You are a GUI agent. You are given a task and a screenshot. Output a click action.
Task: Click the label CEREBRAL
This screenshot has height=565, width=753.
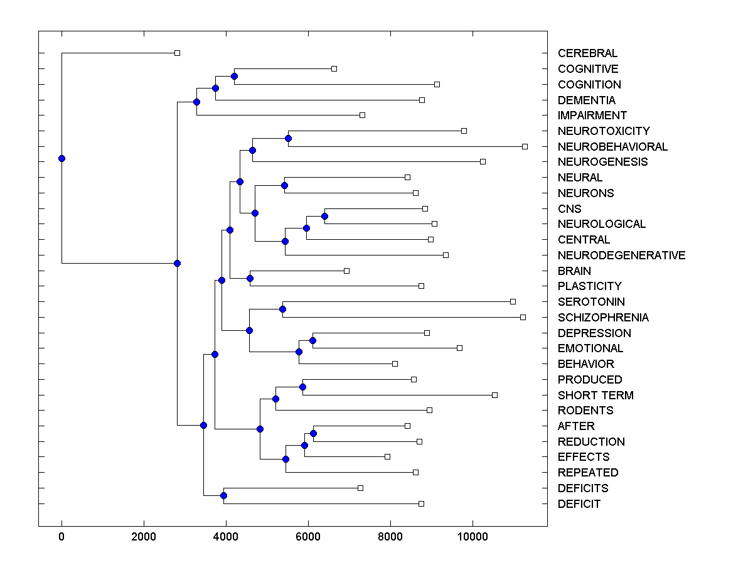587,53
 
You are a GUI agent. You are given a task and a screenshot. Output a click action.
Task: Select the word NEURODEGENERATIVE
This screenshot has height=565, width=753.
621,256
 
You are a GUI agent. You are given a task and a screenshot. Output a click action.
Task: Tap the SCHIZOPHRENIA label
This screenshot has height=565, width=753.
603,318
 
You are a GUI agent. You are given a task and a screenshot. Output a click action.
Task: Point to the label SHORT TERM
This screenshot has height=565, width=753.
595,395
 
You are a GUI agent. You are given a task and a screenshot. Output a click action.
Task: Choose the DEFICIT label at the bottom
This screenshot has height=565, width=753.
579,504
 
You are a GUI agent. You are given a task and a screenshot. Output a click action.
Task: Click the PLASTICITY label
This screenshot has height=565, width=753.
589,286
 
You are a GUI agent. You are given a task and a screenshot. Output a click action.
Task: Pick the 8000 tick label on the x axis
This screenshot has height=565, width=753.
390,536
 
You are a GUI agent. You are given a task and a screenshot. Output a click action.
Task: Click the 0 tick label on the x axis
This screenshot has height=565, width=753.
61,536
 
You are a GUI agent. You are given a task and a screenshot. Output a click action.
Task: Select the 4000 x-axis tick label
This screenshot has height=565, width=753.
226,536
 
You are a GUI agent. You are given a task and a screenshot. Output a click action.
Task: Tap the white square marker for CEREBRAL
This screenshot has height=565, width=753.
177,53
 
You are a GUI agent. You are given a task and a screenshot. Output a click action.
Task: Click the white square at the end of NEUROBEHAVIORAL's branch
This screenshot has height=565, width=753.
525,146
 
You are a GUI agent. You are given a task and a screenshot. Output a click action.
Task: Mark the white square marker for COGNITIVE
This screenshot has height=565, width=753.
334,68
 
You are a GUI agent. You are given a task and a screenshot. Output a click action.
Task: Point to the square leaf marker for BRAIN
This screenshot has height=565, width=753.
346,271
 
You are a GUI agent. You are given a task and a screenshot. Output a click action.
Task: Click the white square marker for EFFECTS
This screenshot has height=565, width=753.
387,456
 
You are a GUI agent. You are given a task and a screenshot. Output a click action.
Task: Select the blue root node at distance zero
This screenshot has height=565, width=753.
61,158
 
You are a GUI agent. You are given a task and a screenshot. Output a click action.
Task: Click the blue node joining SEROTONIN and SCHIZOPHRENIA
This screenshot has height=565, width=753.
282,309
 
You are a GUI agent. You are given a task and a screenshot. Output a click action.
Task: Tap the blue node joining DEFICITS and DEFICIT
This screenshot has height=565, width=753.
223,496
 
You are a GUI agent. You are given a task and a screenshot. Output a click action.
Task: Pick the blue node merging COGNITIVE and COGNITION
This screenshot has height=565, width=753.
234,76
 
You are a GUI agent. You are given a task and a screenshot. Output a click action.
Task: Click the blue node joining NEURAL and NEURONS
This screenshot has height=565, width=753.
284,185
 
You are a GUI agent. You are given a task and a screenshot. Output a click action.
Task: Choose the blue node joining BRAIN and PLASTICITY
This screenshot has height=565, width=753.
250,278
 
